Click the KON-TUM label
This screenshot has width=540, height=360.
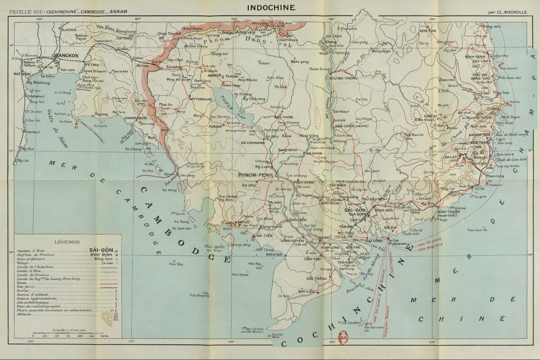pos(428,31)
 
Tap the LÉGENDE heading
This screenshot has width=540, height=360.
pos(67,241)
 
